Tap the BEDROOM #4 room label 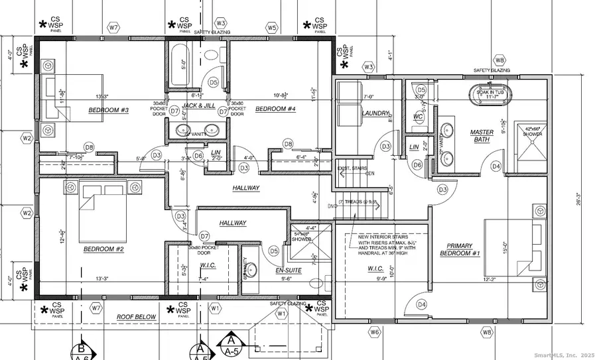coord(275,109)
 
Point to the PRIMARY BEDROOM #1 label coord(457,251)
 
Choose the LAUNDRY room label coord(374,113)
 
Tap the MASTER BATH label coord(482,136)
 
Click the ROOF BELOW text coord(136,317)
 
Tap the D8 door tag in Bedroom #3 coord(89,147)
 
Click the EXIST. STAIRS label coord(353,169)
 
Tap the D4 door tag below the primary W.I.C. coord(421,304)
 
